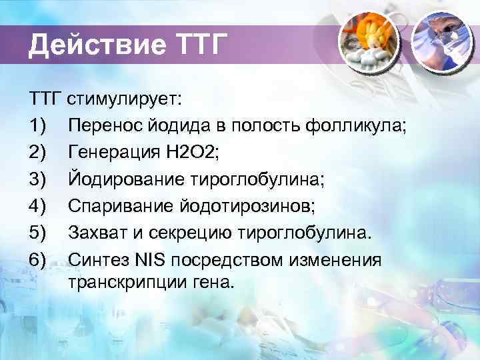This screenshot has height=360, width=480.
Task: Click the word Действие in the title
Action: coord(93,47)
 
